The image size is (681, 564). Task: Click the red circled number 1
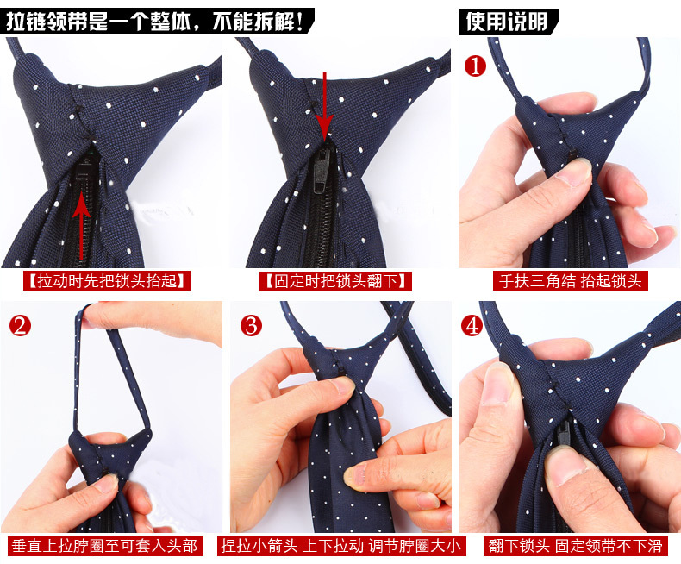tap(475, 66)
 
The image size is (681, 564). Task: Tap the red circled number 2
tap(20, 325)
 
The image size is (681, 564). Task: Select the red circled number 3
tap(251, 325)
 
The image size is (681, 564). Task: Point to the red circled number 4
tap(472, 325)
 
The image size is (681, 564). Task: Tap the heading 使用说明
tap(508, 22)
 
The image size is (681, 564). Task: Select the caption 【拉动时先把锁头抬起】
tap(107, 281)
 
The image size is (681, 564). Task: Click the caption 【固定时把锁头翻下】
tap(335, 281)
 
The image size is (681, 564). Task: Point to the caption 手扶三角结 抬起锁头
tap(571, 281)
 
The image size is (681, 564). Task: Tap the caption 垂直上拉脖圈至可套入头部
tap(104, 546)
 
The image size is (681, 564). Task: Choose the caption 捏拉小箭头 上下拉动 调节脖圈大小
tap(341, 546)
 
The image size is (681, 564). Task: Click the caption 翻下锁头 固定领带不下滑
tap(575, 546)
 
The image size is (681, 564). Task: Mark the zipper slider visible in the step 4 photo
tap(565, 435)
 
